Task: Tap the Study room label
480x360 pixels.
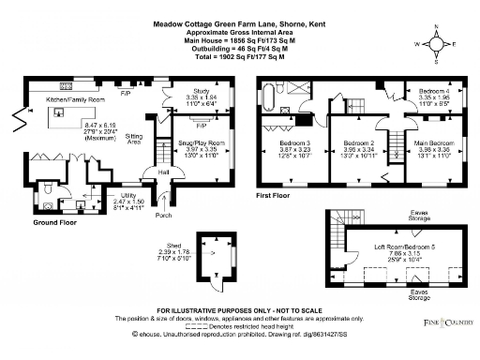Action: (178, 91)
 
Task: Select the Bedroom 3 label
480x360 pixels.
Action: (293, 144)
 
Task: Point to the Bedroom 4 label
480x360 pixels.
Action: (433, 90)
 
